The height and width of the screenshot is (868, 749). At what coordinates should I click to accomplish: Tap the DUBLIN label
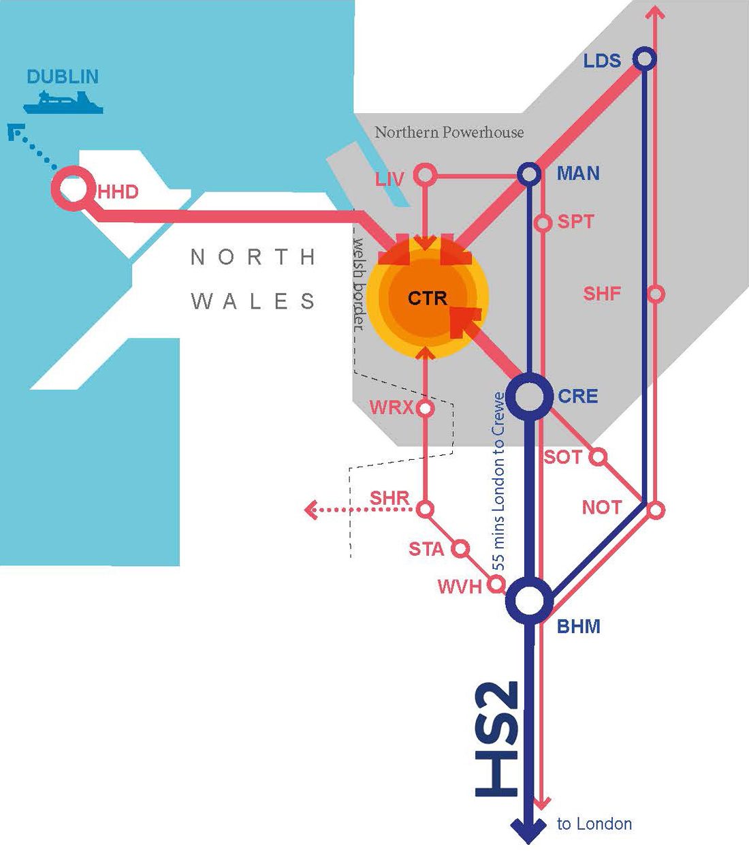tap(63, 76)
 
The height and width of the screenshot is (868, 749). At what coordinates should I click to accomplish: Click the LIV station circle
tap(426, 174)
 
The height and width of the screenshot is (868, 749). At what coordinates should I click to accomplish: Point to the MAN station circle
tap(529, 174)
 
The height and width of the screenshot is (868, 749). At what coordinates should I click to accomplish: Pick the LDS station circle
tap(644, 59)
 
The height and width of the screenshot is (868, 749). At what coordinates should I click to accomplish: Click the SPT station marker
tap(543, 223)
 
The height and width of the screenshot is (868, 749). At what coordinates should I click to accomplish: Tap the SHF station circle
tap(655, 294)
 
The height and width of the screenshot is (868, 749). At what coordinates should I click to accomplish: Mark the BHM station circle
tap(530, 600)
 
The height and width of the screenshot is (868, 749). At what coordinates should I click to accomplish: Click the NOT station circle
tap(655, 509)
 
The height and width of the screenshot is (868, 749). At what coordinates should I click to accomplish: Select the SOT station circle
tap(597, 456)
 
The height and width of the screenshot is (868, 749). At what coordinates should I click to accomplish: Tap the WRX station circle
tap(425, 409)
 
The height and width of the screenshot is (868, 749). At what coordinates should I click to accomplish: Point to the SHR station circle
tap(425, 509)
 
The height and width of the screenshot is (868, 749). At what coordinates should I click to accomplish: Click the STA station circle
tap(461, 548)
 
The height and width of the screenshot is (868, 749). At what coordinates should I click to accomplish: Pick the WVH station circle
tap(497, 584)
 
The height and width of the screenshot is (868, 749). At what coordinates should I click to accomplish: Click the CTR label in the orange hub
tap(428, 298)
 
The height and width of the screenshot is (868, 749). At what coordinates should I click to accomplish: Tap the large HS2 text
tap(498, 739)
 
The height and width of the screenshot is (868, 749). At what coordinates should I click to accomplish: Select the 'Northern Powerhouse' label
tap(449, 132)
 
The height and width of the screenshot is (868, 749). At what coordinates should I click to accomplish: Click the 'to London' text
tap(594, 824)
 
